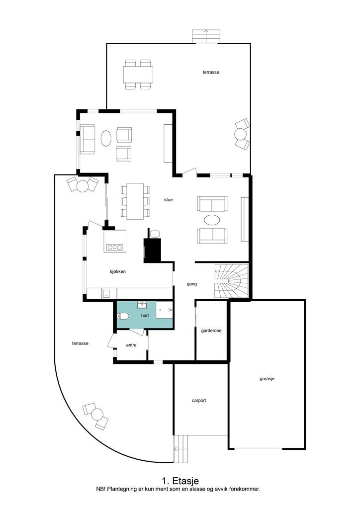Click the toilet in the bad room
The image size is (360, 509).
(123, 316)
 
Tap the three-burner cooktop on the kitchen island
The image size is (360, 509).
(114, 248)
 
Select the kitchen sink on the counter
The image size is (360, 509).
(106, 293)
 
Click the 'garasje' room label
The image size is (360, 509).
(267, 378)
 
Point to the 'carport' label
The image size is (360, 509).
(199, 401)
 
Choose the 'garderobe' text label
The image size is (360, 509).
(211, 331)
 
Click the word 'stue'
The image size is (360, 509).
(168, 200)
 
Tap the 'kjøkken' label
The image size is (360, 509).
(118, 271)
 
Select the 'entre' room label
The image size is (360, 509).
(131, 345)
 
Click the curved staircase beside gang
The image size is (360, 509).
(231, 281)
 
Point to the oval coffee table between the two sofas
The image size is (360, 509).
(212, 220)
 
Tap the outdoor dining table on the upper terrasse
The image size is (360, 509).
(138, 75)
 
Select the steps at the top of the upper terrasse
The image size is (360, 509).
(206, 36)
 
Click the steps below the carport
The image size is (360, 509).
(181, 449)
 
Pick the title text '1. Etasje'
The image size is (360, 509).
(180, 481)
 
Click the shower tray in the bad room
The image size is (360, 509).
(164, 310)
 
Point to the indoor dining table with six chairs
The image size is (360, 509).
(135, 201)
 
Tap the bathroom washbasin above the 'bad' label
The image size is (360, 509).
(142, 305)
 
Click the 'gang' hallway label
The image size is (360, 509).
(191, 284)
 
